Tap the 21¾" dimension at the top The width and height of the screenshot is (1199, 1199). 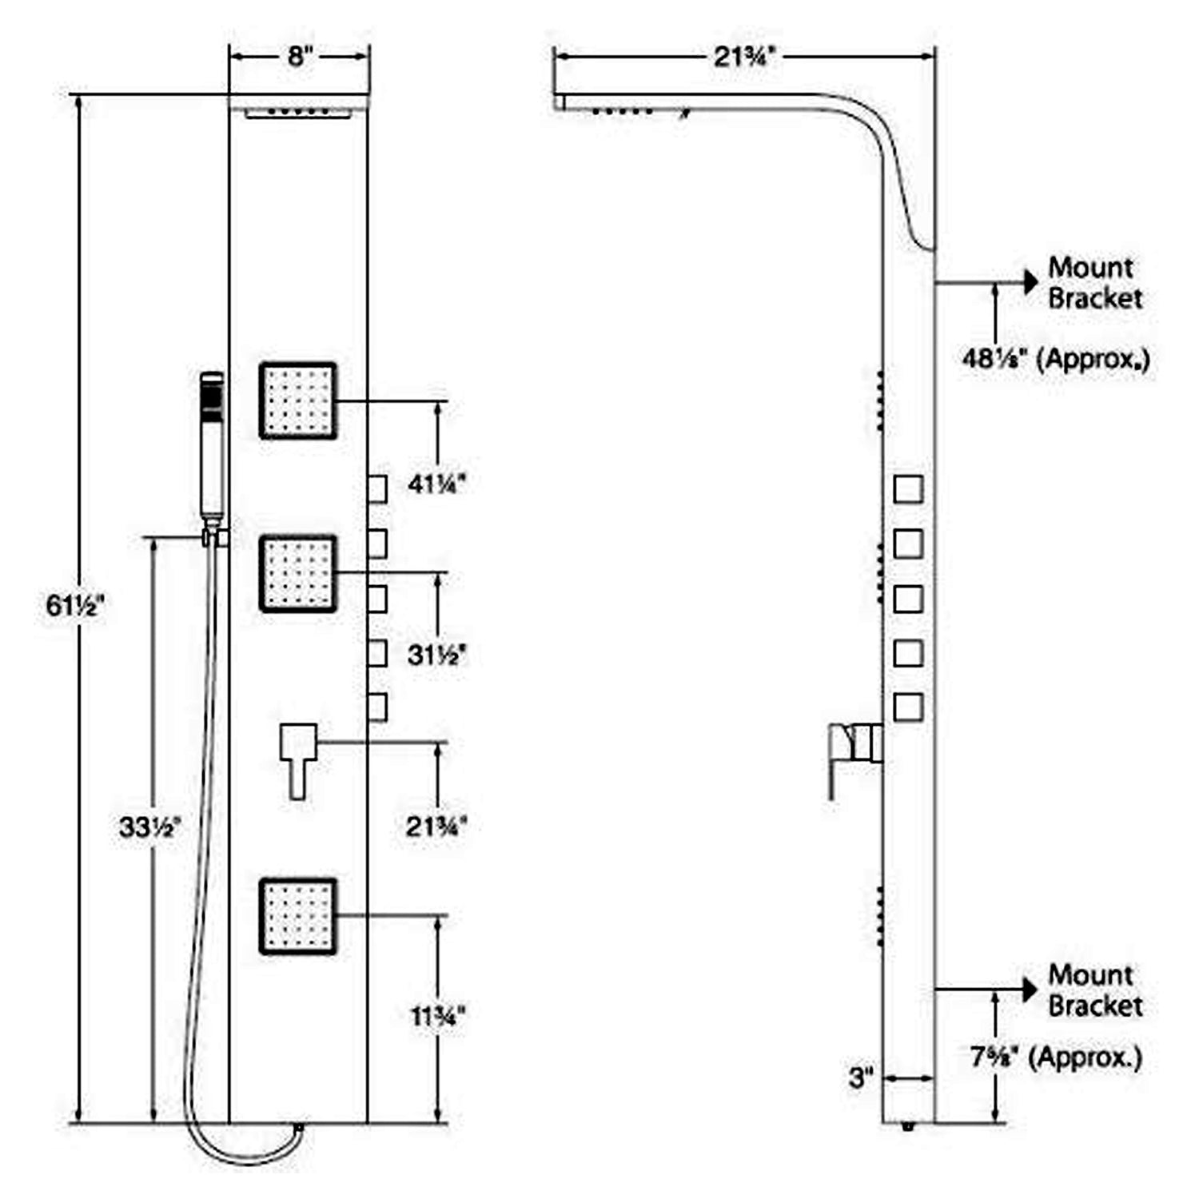pos(744,56)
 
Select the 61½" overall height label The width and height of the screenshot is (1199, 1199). pos(75,606)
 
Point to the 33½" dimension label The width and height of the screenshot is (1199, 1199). pos(149,827)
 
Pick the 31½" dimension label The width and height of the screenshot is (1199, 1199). pos(436,655)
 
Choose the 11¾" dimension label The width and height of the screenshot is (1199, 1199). pos(437,1017)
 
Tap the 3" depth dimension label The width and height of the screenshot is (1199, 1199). pos(861,1078)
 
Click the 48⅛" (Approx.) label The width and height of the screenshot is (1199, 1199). pos(1055,359)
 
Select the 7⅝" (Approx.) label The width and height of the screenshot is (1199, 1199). pos(1056,1058)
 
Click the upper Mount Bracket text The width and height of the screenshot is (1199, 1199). pos(1094,283)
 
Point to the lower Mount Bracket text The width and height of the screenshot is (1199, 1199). pos(1094,990)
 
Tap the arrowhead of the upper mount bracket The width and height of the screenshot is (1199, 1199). pos(1030,282)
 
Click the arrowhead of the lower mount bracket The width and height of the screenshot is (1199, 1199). pos(1030,990)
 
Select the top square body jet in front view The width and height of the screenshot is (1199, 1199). pos(297,400)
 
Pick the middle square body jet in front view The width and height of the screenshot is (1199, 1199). pos(297,573)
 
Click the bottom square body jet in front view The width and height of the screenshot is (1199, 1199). pos(297,916)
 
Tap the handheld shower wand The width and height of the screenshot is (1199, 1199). pos(212,448)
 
